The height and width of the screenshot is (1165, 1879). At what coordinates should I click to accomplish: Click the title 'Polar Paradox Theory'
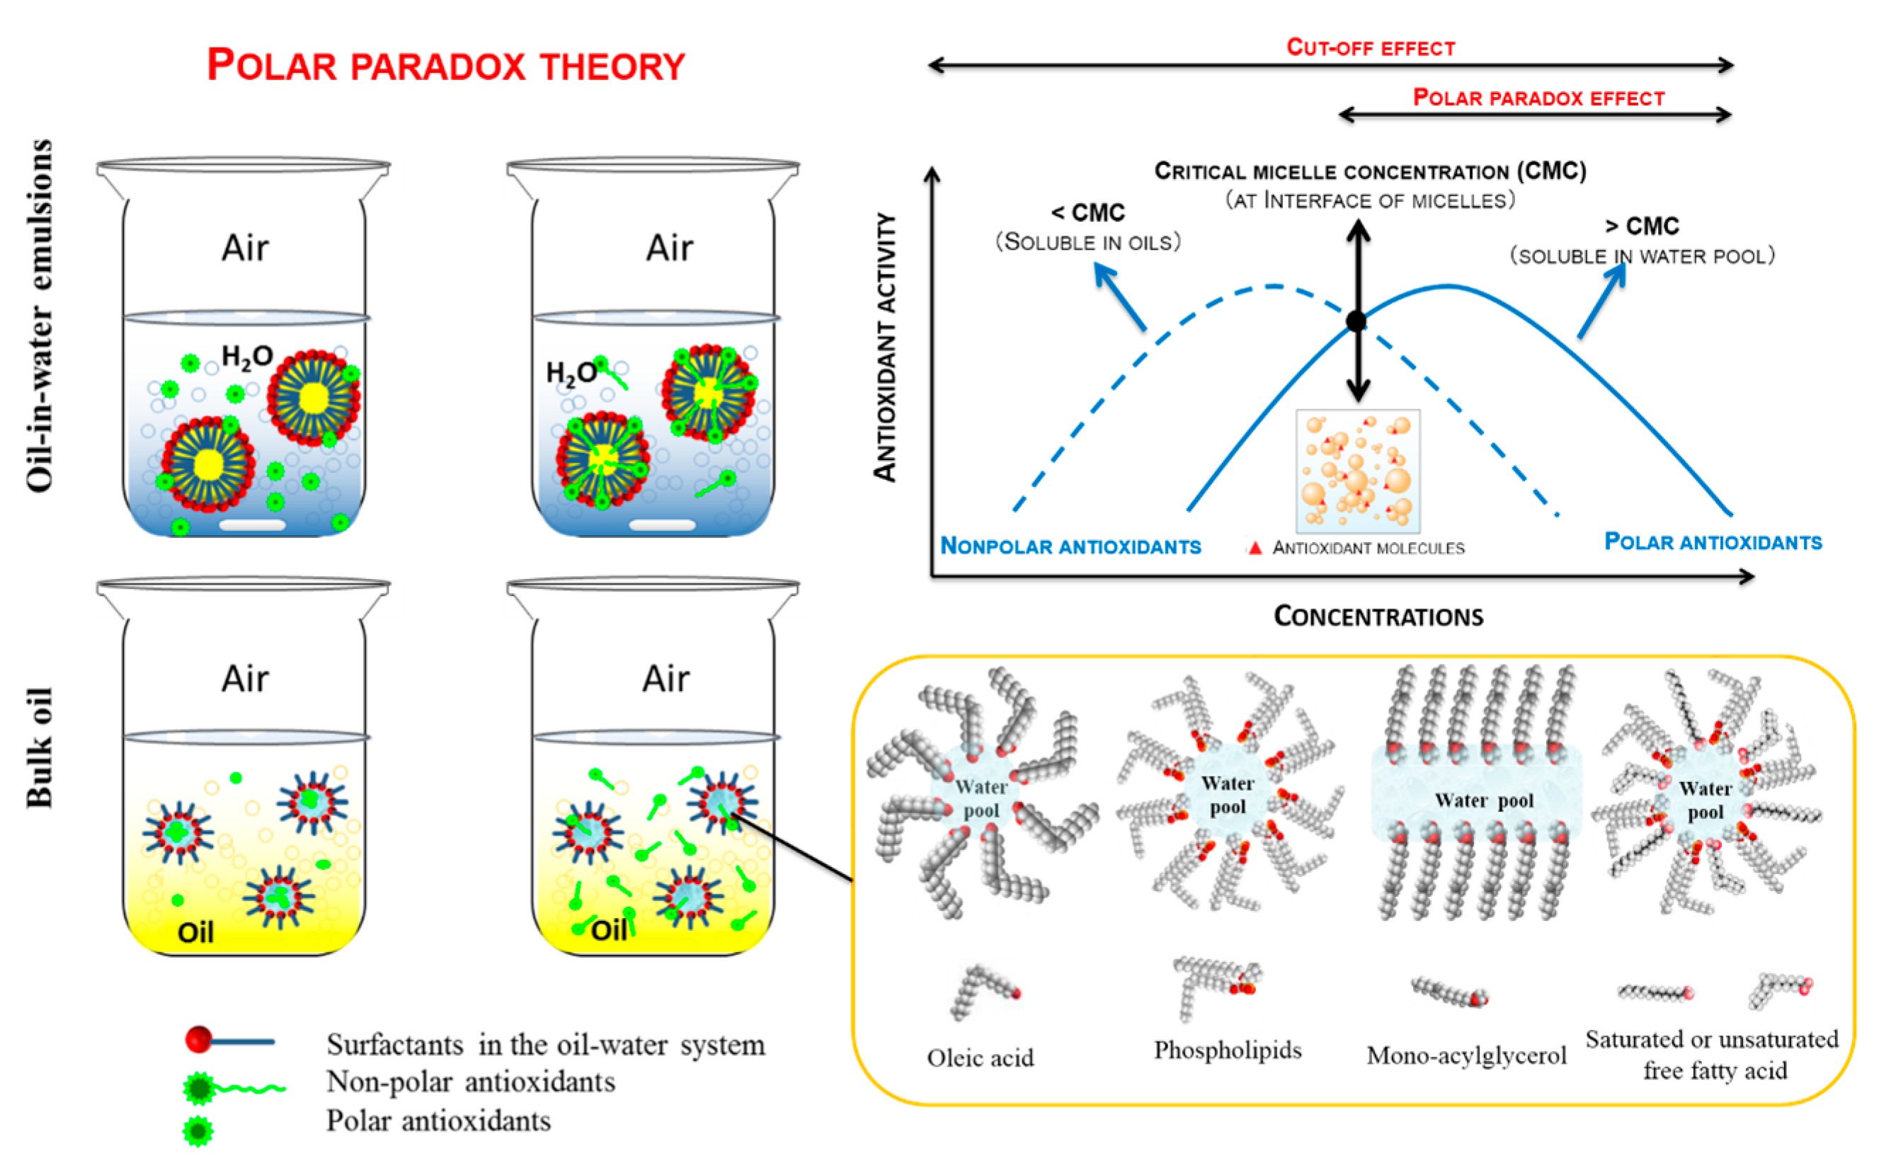click(x=445, y=66)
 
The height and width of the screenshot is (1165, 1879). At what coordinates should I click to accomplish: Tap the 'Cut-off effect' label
click(x=1371, y=47)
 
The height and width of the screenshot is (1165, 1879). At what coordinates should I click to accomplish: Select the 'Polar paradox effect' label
click(x=1538, y=98)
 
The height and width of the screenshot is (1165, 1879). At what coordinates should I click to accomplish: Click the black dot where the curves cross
click(x=1357, y=321)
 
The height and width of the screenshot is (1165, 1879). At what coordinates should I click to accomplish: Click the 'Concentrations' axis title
click(x=1378, y=616)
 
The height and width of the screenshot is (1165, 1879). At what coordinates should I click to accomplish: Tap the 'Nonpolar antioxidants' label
click(x=1070, y=546)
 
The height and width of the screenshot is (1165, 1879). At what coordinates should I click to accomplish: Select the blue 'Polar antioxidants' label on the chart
click(x=1713, y=541)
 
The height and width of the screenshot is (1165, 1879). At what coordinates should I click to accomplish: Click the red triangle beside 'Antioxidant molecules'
click(x=1255, y=548)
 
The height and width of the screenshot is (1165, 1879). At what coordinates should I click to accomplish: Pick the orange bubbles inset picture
click(x=1358, y=471)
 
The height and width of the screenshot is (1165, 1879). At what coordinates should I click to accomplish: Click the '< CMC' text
click(x=1087, y=212)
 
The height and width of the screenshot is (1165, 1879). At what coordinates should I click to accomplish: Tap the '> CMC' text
click(x=1642, y=226)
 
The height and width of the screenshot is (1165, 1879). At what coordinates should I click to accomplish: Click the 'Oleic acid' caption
click(x=980, y=1058)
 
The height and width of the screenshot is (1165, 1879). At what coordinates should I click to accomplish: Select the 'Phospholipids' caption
click(x=1227, y=1050)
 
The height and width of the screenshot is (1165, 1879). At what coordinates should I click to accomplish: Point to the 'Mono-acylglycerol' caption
click(x=1466, y=1055)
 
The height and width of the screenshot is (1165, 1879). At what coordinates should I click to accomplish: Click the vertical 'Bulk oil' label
click(x=40, y=747)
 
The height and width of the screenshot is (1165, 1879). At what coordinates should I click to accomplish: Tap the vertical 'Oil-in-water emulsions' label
click(x=40, y=316)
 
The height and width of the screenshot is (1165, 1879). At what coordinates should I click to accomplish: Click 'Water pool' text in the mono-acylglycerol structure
click(x=1484, y=800)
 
